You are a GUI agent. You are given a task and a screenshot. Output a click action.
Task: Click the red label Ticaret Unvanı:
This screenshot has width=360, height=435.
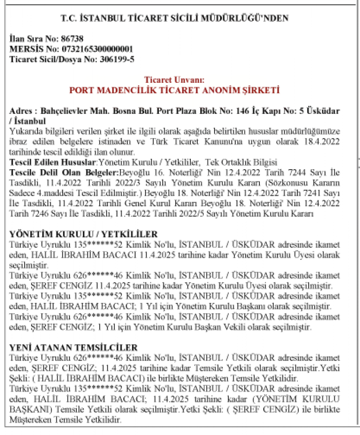pos(174,80)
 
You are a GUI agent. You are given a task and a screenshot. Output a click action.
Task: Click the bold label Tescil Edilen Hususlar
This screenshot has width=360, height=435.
pos(53,162)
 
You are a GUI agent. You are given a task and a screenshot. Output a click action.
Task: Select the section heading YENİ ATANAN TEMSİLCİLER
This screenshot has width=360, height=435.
pos(73,348)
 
